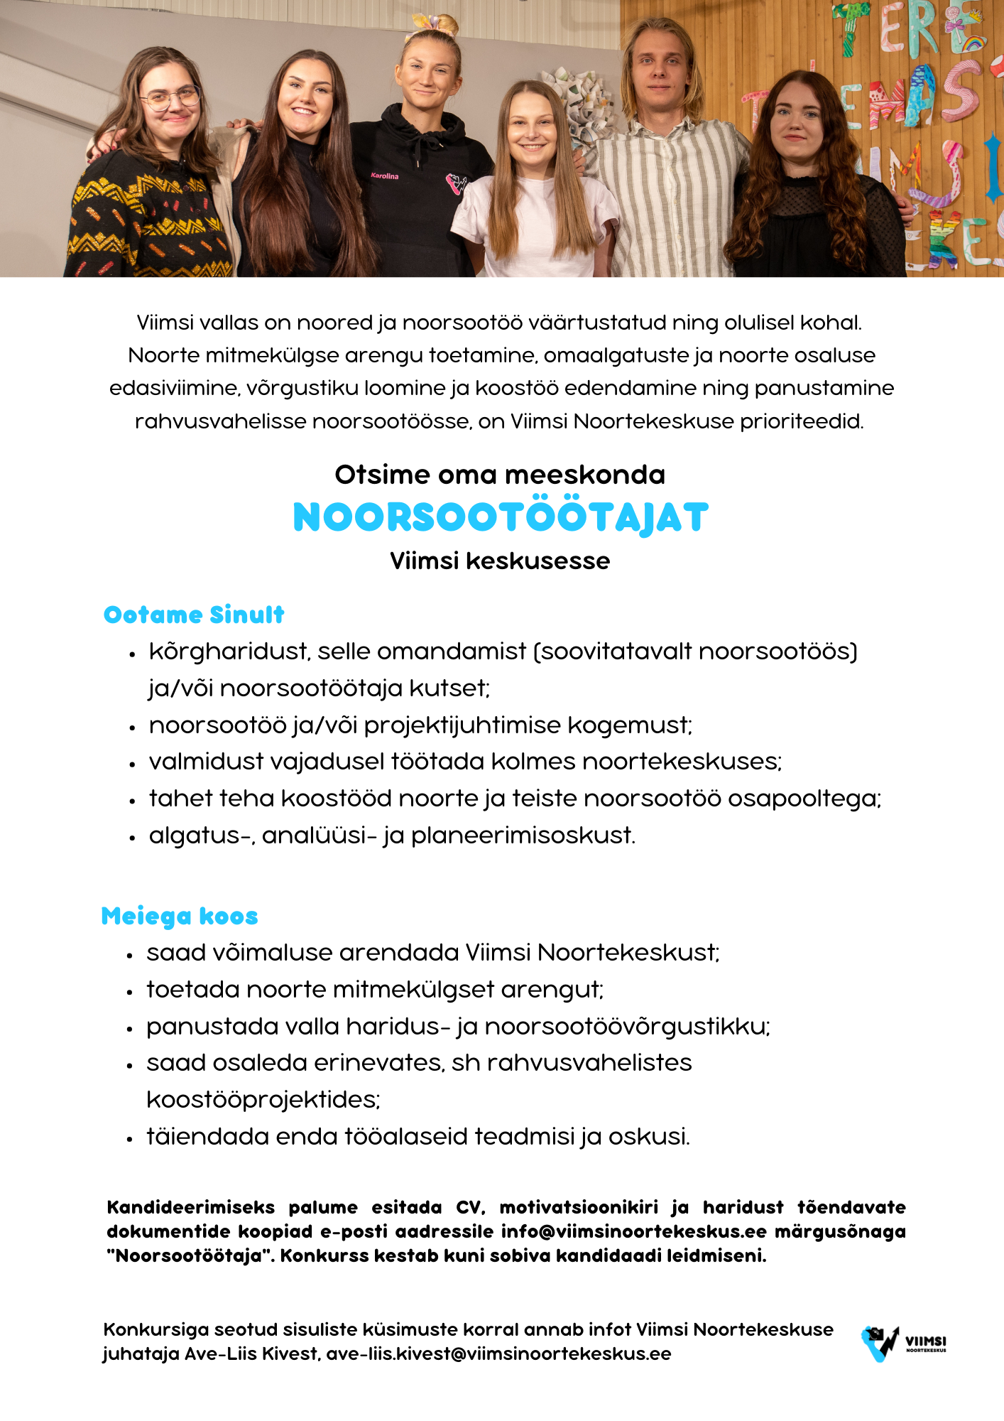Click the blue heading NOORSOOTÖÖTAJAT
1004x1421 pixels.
pyautogui.click(x=501, y=517)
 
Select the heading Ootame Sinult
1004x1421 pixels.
pyautogui.click(x=194, y=615)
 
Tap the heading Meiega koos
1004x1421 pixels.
pyautogui.click(x=180, y=917)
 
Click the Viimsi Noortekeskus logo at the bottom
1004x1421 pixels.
pyautogui.click(x=903, y=1342)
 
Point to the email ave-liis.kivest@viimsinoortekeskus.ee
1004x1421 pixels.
pyautogui.click(x=498, y=1354)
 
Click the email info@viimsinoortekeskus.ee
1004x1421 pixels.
pyautogui.click(x=633, y=1231)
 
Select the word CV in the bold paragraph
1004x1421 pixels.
pyautogui.click(x=470, y=1207)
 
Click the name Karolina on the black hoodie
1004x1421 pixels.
pyautogui.click(x=384, y=175)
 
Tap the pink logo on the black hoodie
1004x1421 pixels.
pyautogui.click(x=456, y=184)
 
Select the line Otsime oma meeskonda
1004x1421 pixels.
pyautogui.click(x=500, y=475)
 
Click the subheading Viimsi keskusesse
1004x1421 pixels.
pyautogui.click(x=500, y=561)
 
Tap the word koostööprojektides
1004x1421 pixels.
pyautogui.click(x=263, y=1100)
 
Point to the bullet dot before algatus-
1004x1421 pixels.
pyautogui.click(x=132, y=838)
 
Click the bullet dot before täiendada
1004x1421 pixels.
pyautogui.click(x=129, y=1139)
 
